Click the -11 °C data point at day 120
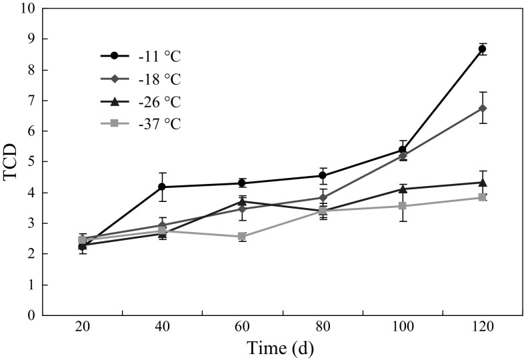[x=482, y=49]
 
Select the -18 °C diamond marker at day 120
[x=482, y=108]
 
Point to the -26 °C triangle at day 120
[x=482, y=182]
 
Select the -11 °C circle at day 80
[x=322, y=175]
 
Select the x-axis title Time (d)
[x=281, y=348]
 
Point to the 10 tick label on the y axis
[x=25, y=9]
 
